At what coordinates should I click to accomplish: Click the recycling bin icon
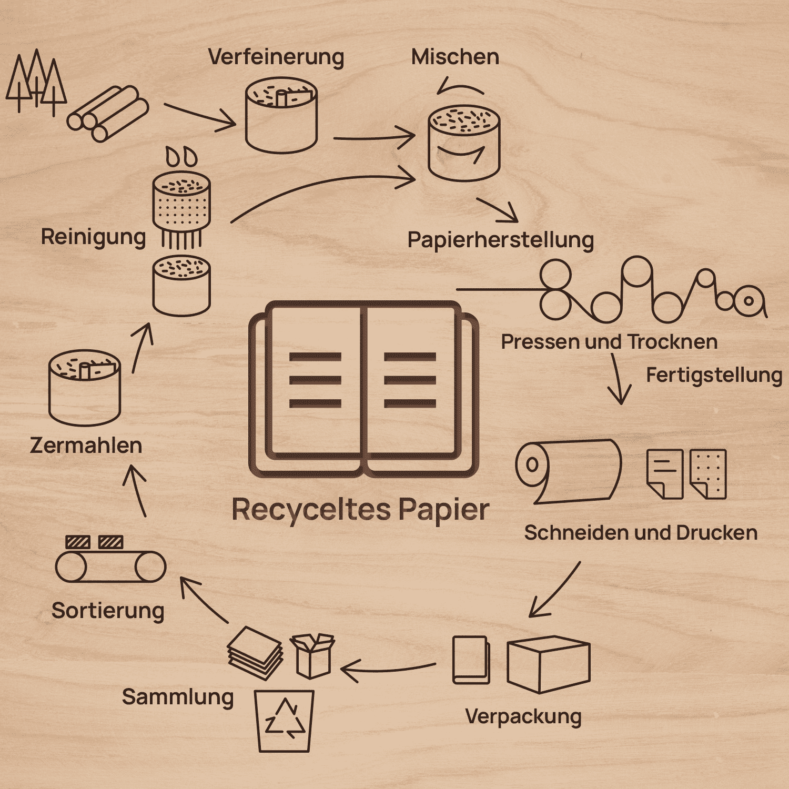click(284, 721)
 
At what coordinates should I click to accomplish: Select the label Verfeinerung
click(276, 57)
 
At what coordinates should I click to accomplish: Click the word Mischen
click(456, 57)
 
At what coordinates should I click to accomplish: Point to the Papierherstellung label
click(501, 240)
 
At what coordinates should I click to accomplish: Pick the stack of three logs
click(108, 114)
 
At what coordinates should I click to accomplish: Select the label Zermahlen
click(86, 446)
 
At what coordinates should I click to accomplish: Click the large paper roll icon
click(569, 471)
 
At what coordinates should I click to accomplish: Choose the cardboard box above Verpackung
click(549, 664)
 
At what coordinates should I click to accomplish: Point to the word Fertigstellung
click(714, 376)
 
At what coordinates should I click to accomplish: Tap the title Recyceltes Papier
click(361, 510)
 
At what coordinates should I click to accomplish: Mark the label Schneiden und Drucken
click(641, 533)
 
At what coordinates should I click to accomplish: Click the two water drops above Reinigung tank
click(181, 156)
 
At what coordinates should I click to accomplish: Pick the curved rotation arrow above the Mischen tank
click(460, 86)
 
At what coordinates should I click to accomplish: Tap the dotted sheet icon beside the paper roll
click(708, 473)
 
